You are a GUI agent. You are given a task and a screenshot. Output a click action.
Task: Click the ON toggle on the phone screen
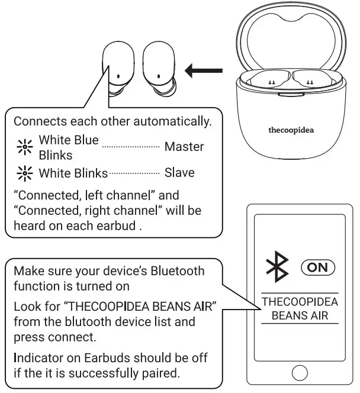pos(318,267)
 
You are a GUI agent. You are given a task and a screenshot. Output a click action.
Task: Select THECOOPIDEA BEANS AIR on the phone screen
pos(300,308)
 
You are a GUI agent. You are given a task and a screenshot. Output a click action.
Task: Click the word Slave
pos(180,173)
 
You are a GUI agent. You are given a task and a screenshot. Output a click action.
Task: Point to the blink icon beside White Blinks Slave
pos(25,173)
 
